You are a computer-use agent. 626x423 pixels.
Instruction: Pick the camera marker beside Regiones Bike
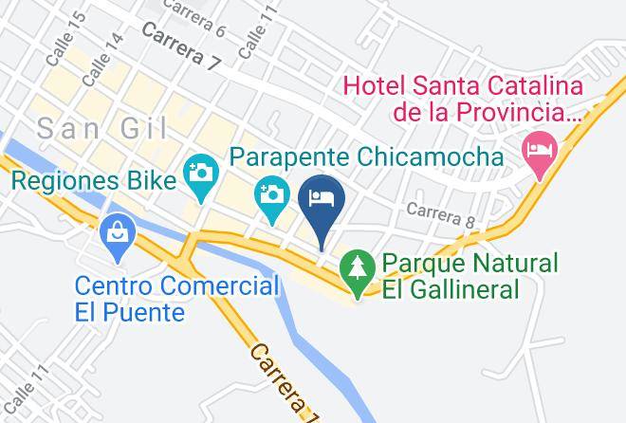point(202,175)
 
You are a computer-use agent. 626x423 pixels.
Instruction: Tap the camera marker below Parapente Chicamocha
point(272,197)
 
